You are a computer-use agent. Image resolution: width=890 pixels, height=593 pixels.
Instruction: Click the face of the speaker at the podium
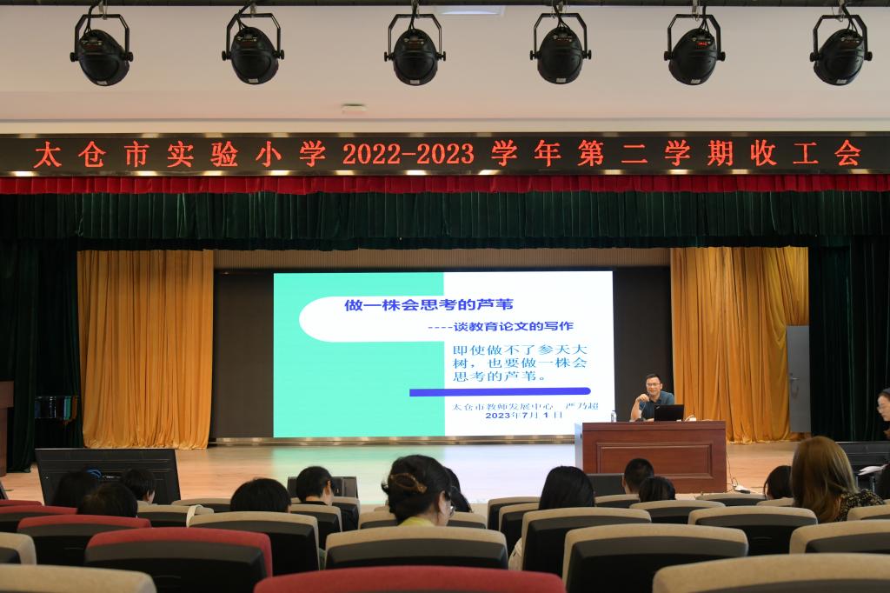(652, 385)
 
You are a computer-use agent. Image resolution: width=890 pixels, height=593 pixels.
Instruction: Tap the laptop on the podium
(668, 412)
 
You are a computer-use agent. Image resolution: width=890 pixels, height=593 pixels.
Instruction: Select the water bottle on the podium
(613, 416)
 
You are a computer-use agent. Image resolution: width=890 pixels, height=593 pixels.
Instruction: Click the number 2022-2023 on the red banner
(408, 154)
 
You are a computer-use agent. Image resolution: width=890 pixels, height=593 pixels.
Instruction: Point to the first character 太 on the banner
(47, 155)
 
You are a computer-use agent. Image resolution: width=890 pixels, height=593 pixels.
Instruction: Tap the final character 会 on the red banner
(847, 153)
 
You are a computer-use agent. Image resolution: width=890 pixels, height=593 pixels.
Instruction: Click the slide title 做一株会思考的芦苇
(428, 305)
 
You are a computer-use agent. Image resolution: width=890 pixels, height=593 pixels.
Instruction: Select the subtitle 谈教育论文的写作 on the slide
(513, 326)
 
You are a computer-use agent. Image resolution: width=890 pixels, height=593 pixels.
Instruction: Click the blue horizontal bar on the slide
(500, 391)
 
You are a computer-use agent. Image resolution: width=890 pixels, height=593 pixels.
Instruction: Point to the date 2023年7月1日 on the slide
(523, 416)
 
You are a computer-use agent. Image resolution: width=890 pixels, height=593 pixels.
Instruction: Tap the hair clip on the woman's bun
(407, 483)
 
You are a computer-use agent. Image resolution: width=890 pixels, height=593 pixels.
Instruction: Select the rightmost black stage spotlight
(840, 49)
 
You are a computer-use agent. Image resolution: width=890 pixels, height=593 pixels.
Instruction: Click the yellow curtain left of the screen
(146, 348)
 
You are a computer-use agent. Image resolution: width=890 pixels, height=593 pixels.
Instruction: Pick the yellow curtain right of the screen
(738, 343)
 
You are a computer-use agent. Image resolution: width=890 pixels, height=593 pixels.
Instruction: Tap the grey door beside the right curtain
(798, 379)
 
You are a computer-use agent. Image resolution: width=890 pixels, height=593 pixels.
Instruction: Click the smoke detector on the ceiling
(353, 109)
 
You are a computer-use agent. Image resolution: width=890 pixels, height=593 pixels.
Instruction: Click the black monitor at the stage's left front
(107, 475)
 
